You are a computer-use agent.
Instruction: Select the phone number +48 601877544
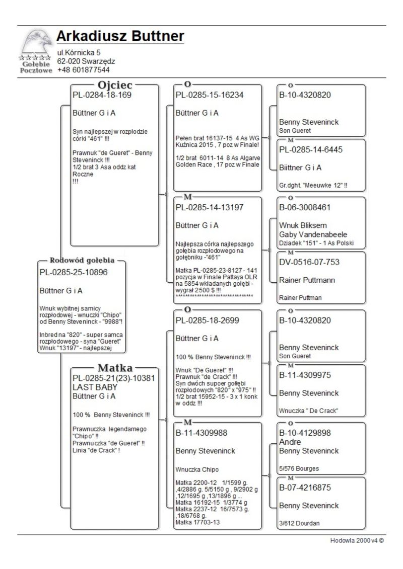coord(83,70)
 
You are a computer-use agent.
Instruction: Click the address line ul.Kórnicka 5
coord(82,52)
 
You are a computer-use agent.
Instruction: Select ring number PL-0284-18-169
coord(102,95)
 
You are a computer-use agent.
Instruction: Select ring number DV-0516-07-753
coord(309,262)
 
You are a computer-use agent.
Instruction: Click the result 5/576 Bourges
coord(299,469)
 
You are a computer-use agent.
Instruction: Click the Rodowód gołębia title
coord(82,261)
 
